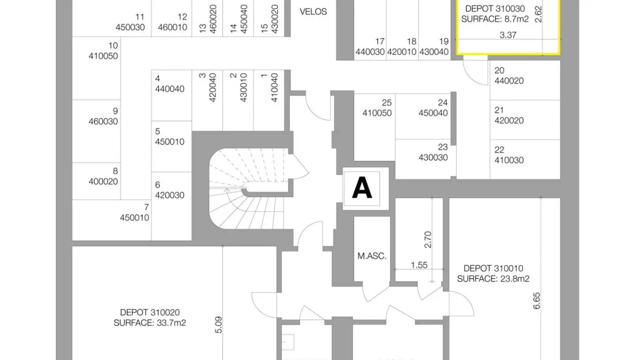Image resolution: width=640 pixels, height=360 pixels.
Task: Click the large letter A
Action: click(362, 188)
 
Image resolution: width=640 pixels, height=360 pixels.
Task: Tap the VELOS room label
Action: click(313, 12)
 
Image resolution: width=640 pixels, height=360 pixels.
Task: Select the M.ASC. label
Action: click(372, 256)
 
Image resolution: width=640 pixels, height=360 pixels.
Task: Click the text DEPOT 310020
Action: click(150, 312)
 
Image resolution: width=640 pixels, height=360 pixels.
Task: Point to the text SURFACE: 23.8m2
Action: click(493, 279)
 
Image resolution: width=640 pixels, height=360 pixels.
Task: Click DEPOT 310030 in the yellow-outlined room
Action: click(495, 8)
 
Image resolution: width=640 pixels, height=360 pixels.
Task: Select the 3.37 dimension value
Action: click(508, 35)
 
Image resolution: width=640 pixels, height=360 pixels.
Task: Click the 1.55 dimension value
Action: click(419, 265)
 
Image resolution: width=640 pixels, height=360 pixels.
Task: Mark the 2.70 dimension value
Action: click(428, 239)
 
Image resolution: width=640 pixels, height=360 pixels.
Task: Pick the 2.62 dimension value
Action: click(538, 14)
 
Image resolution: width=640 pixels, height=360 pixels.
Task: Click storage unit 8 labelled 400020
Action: click(109, 176)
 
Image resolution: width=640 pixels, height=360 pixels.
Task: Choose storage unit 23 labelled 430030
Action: click(434, 152)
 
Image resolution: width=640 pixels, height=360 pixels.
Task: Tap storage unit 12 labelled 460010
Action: click(173, 22)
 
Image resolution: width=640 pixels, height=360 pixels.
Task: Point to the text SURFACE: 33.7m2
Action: click(150, 323)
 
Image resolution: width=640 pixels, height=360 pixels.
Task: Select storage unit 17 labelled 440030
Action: click(370, 47)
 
